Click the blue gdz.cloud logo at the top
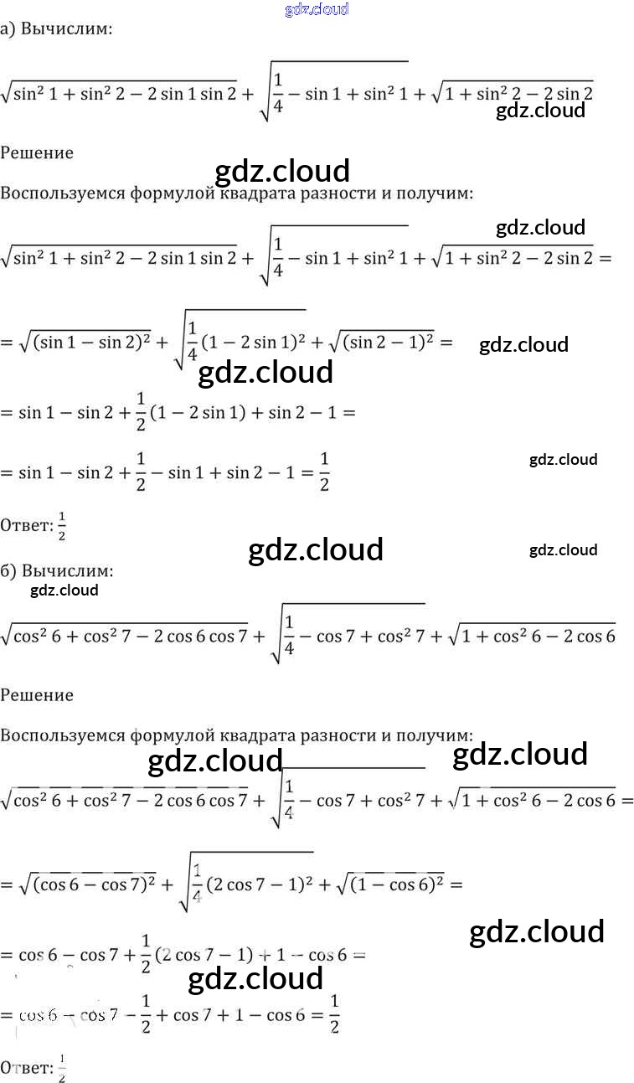317,9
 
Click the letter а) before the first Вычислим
8,29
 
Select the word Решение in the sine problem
37,152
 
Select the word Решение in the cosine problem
37,694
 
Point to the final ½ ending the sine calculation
324,472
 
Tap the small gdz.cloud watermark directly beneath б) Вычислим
64,590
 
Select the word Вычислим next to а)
66,29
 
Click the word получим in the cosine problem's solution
439,735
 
